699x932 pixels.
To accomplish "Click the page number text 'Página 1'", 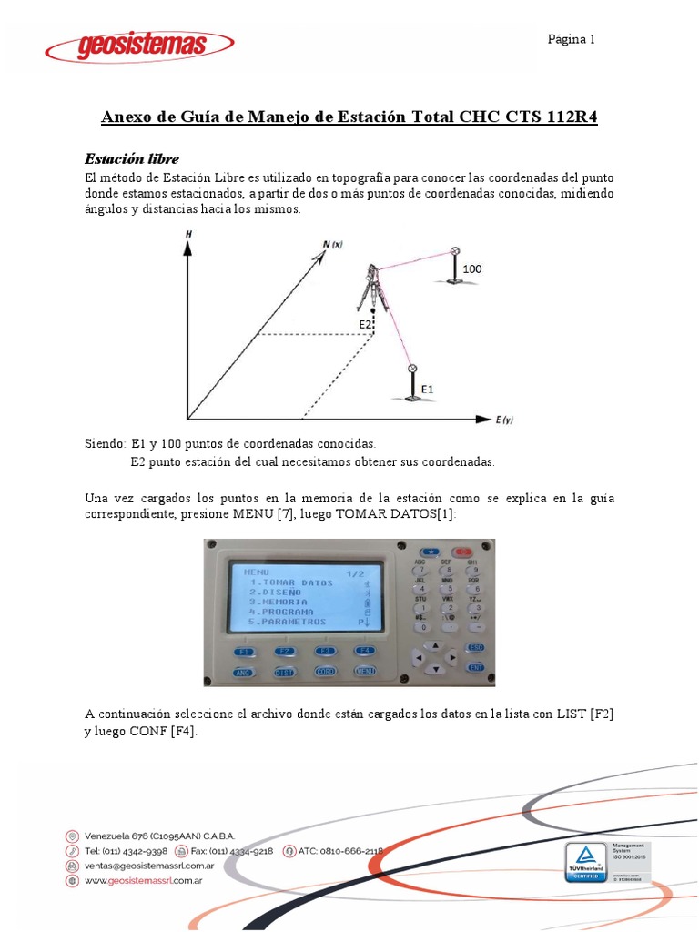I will [571, 39].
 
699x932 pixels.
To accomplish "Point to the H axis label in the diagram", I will [188, 235].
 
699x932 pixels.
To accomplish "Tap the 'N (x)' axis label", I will [332, 244].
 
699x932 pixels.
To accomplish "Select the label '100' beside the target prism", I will [471, 269].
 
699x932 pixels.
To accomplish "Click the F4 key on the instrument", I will [364, 651].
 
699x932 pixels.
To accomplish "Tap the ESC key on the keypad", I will [474, 647].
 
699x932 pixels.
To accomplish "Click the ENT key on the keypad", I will [474, 667].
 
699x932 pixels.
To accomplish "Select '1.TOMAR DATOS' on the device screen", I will [291, 582].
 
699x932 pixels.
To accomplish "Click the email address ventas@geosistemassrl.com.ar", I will [148, 866].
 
